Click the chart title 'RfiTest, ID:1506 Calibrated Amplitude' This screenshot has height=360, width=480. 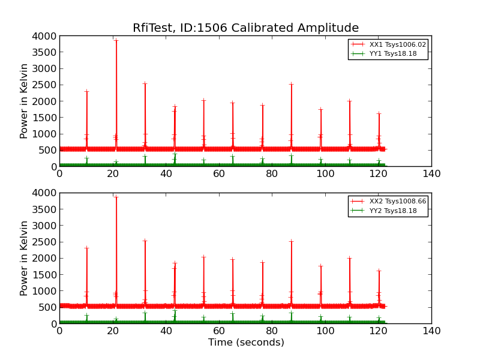point(245,28)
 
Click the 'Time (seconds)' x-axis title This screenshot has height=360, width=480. point(246,343)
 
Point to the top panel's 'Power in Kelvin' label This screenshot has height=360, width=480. point(25,101)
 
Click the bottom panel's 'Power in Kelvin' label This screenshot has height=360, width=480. point(25,258)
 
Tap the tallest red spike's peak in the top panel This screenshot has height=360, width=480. point(116,40)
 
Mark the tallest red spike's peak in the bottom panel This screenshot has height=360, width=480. point(116,197)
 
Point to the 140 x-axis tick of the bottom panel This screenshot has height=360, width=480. point(431,331)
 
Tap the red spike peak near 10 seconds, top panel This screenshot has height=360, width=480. point(86,91)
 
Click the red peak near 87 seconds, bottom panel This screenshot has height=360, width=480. point(291,241)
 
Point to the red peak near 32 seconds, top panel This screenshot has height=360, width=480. point(145,83)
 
